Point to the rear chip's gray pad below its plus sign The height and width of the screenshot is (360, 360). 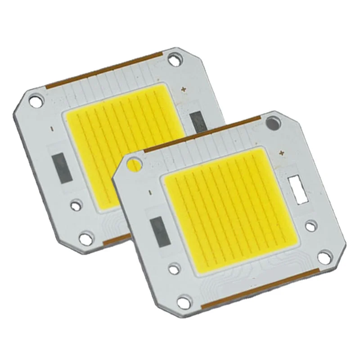point(196,121)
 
